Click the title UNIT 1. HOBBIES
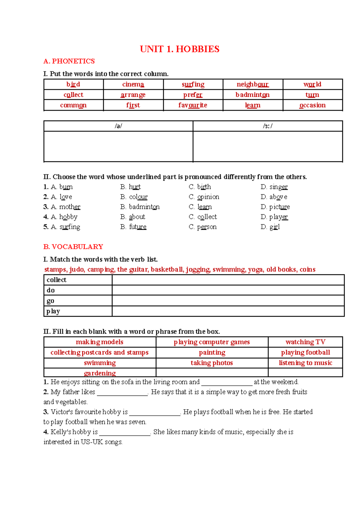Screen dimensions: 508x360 (179, 49)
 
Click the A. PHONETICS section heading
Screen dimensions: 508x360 (69, 61)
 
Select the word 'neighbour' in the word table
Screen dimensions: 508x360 (253, 84)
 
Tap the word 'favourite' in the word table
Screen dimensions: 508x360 (193, 105)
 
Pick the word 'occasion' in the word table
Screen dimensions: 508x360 (312, 105)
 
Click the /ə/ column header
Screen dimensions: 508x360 (118, 126)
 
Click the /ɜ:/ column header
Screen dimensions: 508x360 (268, 126)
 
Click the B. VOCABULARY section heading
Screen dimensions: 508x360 (73, 247)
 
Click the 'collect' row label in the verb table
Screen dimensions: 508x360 (56, 280)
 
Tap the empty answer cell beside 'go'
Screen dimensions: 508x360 (228, 300)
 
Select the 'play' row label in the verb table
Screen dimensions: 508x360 (53, 311)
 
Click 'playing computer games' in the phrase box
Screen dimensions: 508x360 (211, 342)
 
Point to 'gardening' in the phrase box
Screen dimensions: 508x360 (100, 373)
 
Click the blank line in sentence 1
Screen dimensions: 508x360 (227, 383)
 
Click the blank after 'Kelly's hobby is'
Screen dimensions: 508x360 (124, 433)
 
